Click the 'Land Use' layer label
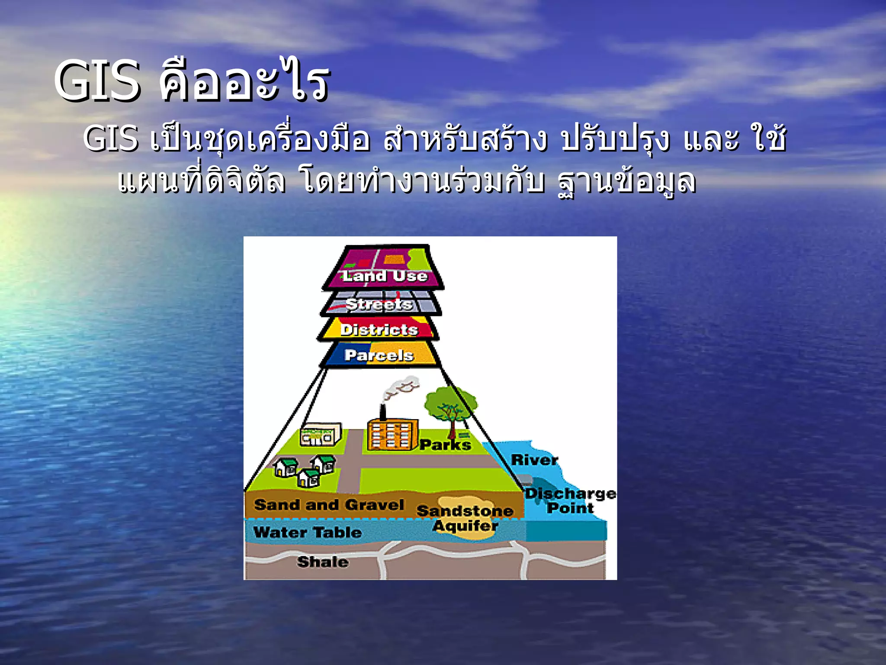point(385,276)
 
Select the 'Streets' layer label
point(379,304)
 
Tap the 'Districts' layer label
point(379,330)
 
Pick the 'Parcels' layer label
point(379,355)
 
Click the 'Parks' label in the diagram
point(445,445)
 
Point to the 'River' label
point(535,460)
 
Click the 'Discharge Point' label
point(570,500)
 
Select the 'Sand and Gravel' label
point(329,505)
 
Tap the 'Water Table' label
point(307,532)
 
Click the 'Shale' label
point(323,562)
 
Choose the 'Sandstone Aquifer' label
point(465,518)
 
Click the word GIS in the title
point(97,81)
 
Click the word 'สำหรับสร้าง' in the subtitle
point(465,139)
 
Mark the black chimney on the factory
point(382,412)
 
